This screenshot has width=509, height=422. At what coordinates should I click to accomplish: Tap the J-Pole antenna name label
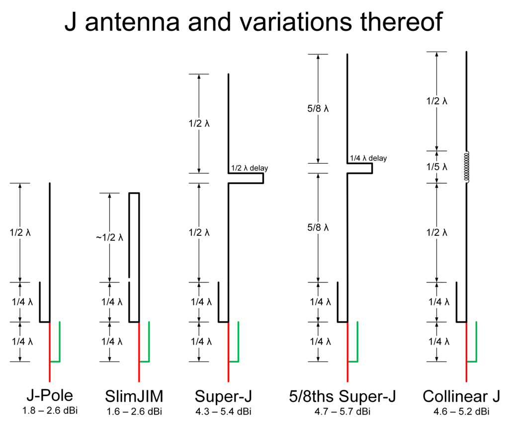pyautogui.click(x=50, y=396)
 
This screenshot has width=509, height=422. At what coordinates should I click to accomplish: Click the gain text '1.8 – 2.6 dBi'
pyautogui.click(x=50, y=411)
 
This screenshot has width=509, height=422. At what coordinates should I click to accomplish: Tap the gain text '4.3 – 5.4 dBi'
pyautogui.click(x=223, y=411)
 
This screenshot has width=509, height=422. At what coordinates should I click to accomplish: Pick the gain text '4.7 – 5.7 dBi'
pyautogui.click(x=342, y=411)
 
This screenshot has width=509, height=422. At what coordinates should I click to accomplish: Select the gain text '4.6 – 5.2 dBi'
pyautogui.click(x=461, y=411)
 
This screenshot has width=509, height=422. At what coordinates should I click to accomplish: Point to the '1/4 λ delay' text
pyautogui.click(x=368, y=158)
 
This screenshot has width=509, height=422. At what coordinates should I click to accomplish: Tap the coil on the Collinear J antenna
pyautogui.click(x=467, y=167)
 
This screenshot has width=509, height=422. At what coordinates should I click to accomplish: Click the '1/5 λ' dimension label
pyautogui.click(x=437, y=167)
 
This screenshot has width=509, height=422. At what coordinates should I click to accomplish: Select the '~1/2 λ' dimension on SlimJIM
pyautogui.click(x=109, y=237)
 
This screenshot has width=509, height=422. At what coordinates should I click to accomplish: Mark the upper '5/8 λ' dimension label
pyautogui.click(x=318, y=108)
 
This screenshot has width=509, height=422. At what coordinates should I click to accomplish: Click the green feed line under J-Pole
pyautogui.click(x=60, y=343)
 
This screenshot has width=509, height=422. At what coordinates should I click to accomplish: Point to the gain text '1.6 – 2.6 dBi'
pyautogui.click(x=134, y=411)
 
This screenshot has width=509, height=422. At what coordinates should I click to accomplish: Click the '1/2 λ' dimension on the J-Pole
pyautogui.click(x=20, y=232)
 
